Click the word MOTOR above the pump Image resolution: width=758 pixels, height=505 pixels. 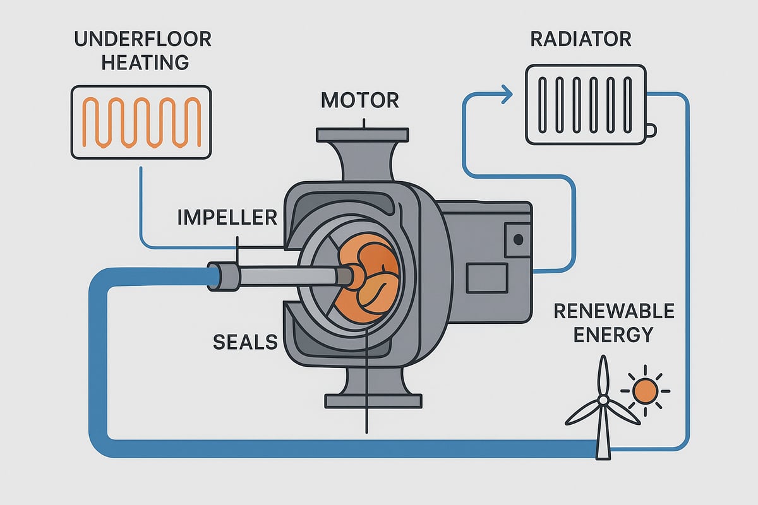pos(360,100)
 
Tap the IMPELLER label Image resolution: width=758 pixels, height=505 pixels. pos(227,218)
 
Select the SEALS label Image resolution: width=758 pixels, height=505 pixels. pos(245,342)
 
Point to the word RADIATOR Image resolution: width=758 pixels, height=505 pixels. pos(581,39)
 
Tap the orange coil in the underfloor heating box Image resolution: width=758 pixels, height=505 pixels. pos(140,122)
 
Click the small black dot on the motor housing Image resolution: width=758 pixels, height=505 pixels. pos(518,239)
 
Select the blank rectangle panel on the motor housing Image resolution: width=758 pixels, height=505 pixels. pos(486,278)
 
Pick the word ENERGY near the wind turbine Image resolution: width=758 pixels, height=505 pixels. pos(613,334)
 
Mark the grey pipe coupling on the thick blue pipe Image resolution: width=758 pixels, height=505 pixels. pos(224,277)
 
